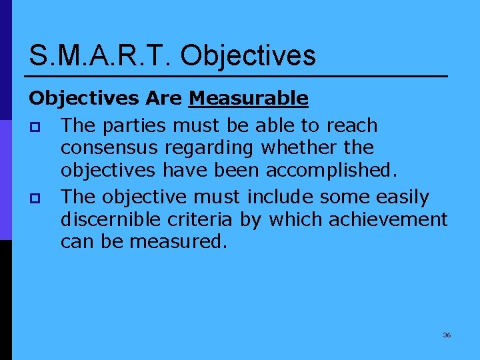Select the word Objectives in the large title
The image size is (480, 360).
[248, 55]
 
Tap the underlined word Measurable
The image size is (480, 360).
[248, 99]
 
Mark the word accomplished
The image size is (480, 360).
[331, 171]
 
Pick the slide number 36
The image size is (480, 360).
[447, 335]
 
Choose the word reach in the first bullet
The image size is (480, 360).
[353, 125]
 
